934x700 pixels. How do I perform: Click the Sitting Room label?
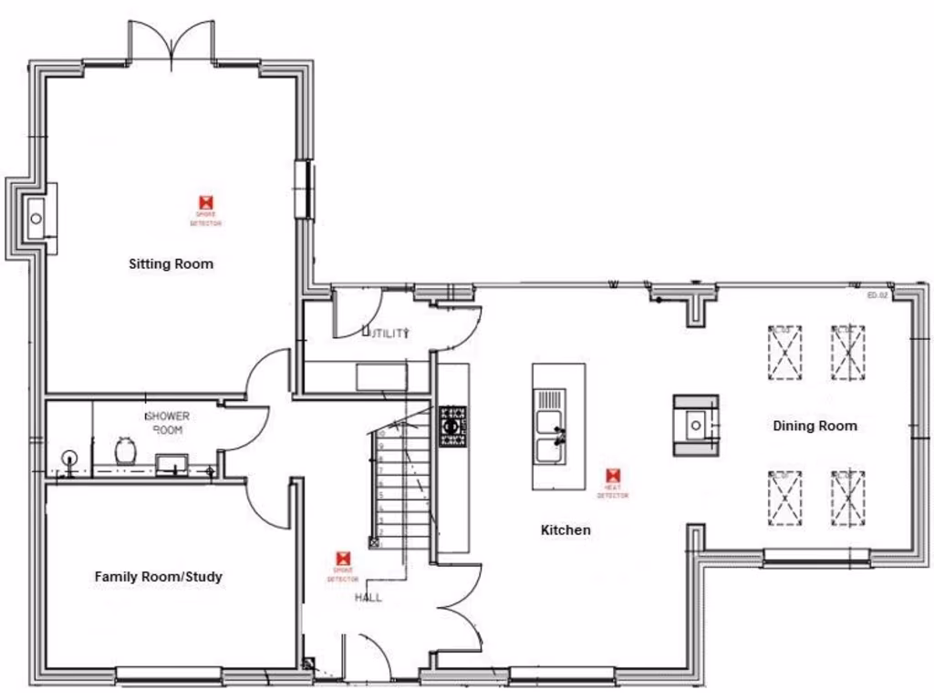coord(171,264)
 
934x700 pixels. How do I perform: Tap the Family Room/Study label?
coord(158,577)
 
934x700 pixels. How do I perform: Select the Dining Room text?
coord(815,426)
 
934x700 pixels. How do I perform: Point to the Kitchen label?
coord(566,530)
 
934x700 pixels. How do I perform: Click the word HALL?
coord(368,598)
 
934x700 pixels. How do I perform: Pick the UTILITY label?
coord(387,334)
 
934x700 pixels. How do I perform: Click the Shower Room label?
coord(167,422)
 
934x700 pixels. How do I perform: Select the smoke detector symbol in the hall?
coord(344,558)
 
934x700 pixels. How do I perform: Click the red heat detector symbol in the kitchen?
coord(613,476)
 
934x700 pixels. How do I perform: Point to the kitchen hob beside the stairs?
coord(452,427)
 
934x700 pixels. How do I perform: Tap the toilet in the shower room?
coord(125,450)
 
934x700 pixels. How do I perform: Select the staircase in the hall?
coord(400,488)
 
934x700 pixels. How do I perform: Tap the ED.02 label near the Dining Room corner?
coord(877,295)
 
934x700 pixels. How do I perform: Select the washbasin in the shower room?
coord(169,464)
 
